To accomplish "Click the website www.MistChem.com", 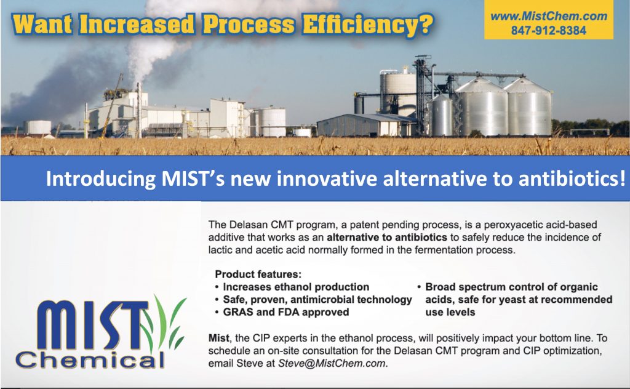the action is [x=548, y=16].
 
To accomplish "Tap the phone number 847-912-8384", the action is [x=548, y=30].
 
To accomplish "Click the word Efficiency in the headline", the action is [x=368, y=24].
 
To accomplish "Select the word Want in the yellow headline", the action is [x=42, y=24].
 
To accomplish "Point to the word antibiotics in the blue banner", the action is [x=572, y=178].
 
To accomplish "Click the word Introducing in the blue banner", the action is [x=100, y=179].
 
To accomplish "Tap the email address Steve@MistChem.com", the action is [x=332, y=363].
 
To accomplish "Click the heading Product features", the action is [x=258, y=274].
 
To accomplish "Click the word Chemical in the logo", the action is [x=90, y=359].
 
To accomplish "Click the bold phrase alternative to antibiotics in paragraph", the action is [x=386, y=237].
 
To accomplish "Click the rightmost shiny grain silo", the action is [x=527, y=107].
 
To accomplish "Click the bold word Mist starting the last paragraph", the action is [x=218, y=338].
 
